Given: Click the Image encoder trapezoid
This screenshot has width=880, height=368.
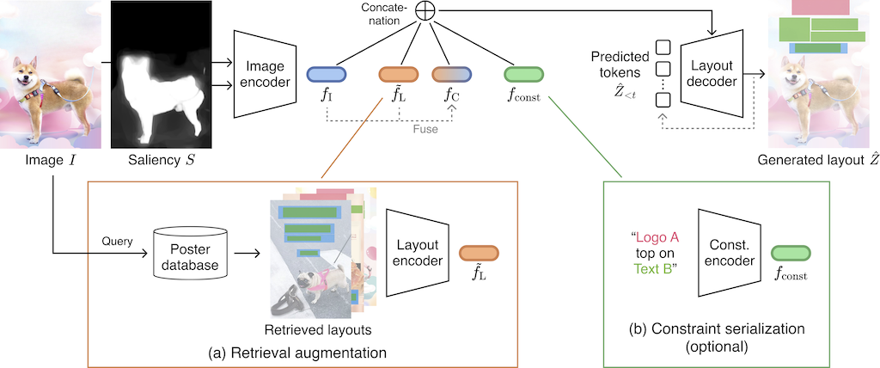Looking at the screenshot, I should pyautogui.click(x=266, y=75).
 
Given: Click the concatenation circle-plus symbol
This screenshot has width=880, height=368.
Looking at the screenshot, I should pyautogui.click(x=425, y=10).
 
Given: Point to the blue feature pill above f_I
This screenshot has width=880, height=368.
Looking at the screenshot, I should pyautogui.click(x=325, y=75).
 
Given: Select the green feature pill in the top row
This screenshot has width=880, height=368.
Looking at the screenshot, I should pyautogui.click(x=522, y=75).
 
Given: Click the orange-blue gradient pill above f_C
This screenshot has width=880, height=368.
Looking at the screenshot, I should pyautogui.click(x=452, y=75).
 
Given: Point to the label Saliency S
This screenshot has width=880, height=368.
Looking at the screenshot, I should pyautogui.click(x=162, y=161).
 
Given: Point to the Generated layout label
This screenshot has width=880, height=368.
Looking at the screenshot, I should pyautogui.click(x=810, y=161).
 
